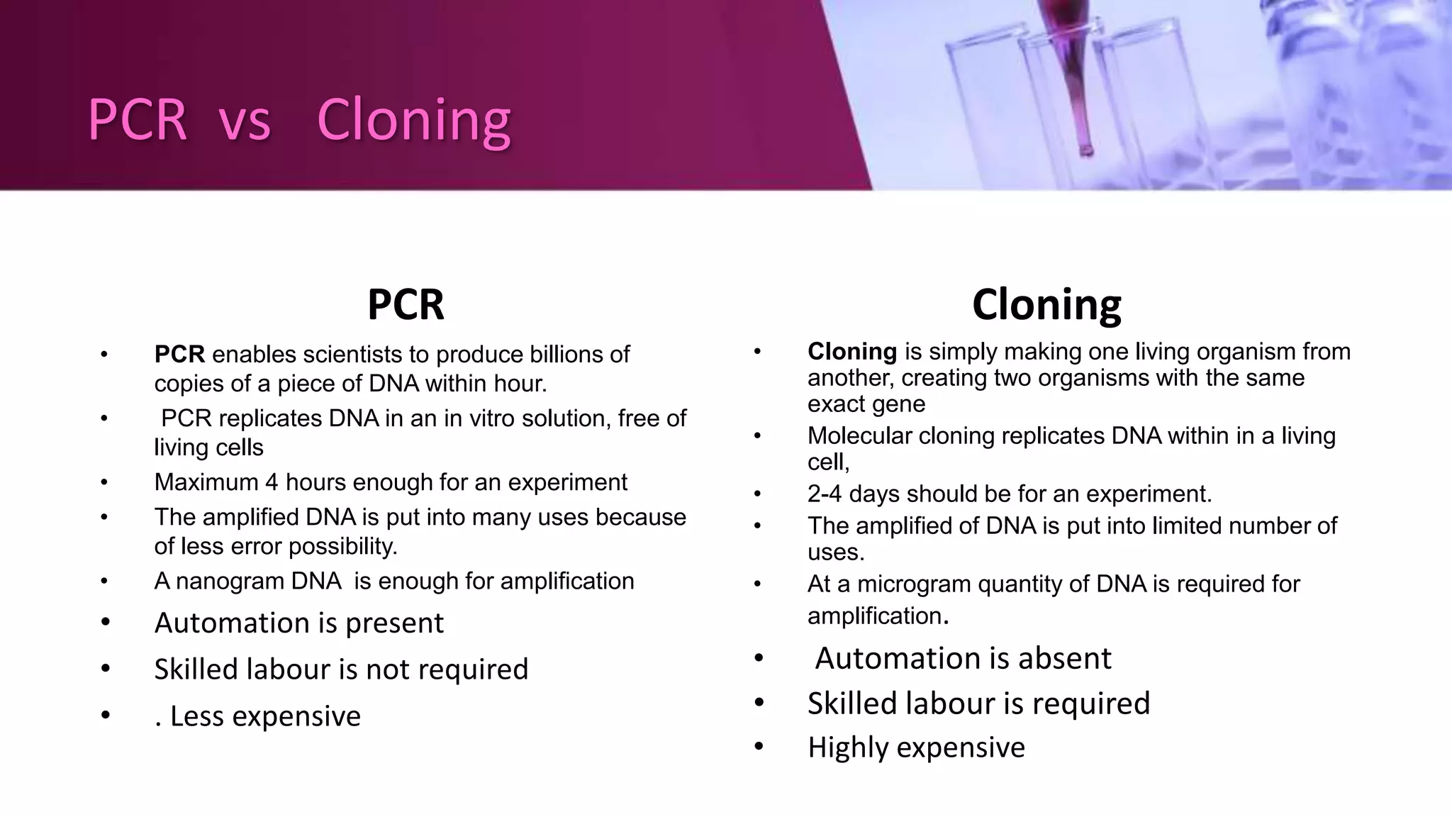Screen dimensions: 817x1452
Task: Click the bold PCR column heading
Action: (406, 305)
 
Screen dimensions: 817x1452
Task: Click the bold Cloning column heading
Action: (1046, 305)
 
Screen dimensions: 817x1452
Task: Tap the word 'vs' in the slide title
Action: (245, 120)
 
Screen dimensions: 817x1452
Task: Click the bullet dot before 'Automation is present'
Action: (106, 623)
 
